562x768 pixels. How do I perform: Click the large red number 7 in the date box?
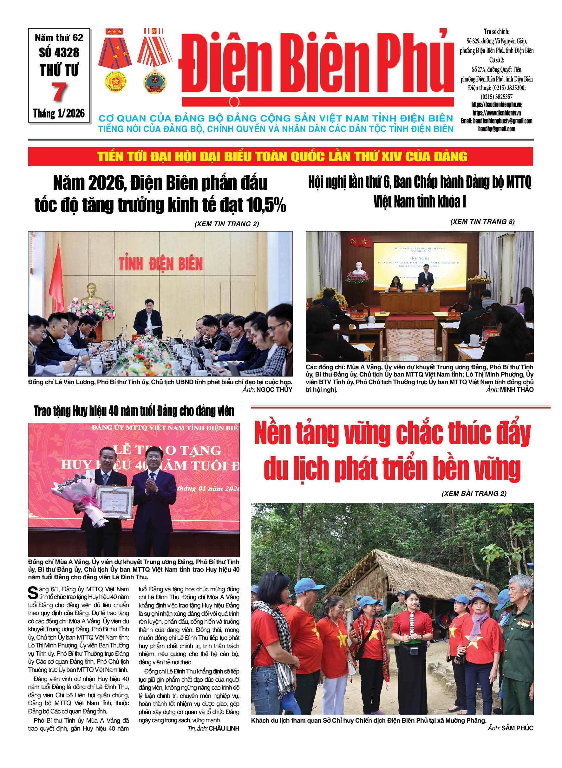point(59,92)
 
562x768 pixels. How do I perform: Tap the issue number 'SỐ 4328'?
point(59,53)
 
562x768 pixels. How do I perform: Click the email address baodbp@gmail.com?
point(496,129)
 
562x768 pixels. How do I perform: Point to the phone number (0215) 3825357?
point(496,97)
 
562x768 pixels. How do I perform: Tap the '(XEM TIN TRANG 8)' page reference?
point(482,222)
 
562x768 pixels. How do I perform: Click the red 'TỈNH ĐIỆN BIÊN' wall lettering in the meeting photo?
point(160,264)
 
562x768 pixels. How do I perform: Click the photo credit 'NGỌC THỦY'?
point(274,390)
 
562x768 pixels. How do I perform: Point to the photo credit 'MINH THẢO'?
point(516,390)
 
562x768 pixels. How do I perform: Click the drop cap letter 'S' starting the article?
point(33,593)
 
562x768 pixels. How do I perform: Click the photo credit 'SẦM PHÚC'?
point(517,728)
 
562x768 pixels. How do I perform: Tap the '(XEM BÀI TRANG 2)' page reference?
point(474,493)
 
